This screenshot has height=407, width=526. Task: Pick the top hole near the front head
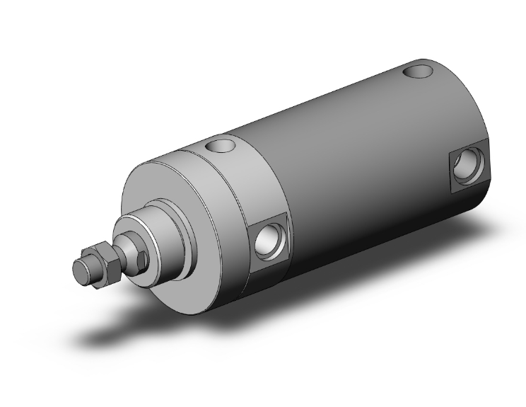221,146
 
